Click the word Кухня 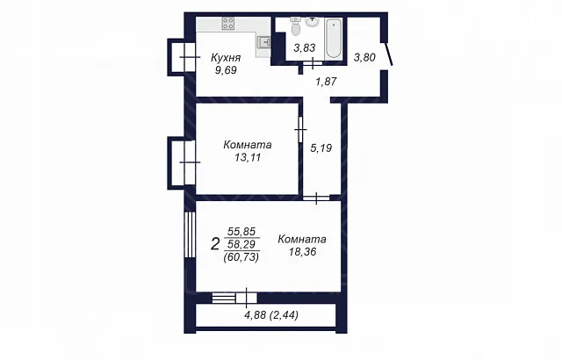coord(226,57)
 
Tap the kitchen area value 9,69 coord(226,70)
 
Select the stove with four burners coord(228,24)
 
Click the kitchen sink coord(263,43)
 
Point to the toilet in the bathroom coord(296,25)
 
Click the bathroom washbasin coord(313,22)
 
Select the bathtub coord(333,39)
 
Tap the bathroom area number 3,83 coord(305,47)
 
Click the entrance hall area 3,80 coord(364,57)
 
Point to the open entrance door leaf coord(389,54)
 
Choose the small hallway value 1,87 coord(326,82)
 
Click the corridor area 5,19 coord(321,148)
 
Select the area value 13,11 coord(248,158)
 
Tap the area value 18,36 coord(302,252)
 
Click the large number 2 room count coord(215,245)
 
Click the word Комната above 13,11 coord(248,145)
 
